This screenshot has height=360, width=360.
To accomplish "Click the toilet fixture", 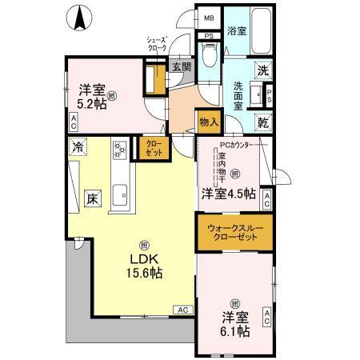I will (210, 56).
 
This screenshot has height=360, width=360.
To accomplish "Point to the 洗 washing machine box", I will (262, 70).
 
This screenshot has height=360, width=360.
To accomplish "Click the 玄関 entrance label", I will (181, 68).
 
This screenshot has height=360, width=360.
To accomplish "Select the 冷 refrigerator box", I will (78, 146).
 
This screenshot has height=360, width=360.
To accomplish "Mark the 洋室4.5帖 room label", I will (228, 193).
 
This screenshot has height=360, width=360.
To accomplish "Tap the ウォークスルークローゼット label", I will (234, 234).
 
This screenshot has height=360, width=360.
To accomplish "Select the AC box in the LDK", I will (182, 309).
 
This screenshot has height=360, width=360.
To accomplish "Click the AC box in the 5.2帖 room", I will (73, 122).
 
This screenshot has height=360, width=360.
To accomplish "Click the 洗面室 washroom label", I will (239, 94).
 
